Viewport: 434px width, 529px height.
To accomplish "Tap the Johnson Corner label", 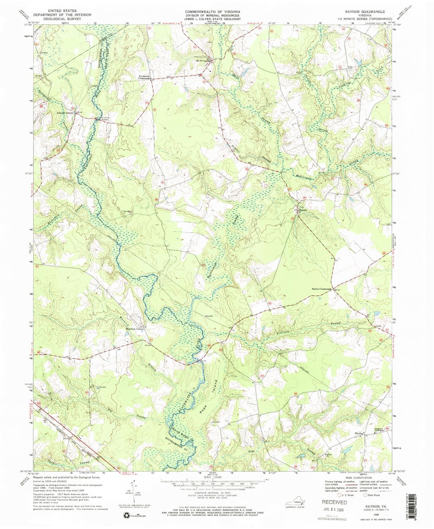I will click(65, 113).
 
